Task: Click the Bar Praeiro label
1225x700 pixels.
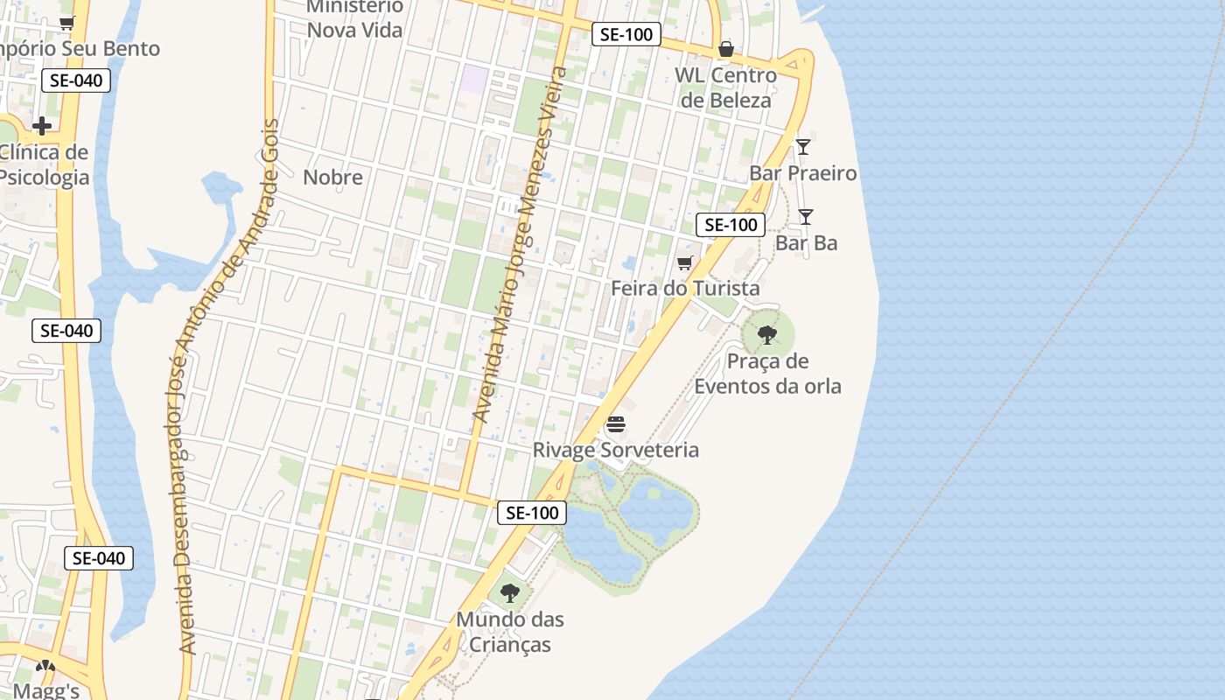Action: click(802, 173)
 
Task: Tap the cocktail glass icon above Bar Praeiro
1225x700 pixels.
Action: click(803, 147)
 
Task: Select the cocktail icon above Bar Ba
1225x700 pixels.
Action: click(806, 217)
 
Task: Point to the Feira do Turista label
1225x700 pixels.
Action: click(685, 288)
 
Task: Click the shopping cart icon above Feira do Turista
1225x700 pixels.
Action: click(685, 262)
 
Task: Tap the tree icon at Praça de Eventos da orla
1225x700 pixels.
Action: click(767, 334)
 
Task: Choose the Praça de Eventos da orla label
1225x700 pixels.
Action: click(767, 374)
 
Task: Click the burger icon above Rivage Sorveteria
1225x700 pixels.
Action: click(616, 426)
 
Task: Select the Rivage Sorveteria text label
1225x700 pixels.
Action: click(616, 450)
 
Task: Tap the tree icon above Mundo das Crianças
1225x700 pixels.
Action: click(509, 593)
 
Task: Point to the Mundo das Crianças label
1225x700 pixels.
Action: click(509, 632)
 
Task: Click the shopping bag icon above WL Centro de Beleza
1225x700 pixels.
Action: click(725, 49)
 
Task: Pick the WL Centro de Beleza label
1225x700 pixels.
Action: click(725, 87)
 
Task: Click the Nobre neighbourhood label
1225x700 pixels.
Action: click(332, 178)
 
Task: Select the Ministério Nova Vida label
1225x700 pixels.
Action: click(354, 18)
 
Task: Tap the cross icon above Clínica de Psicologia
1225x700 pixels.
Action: click(41, 127)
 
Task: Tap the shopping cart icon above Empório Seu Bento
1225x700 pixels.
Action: click(66, 24)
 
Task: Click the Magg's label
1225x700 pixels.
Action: click(45, 690)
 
